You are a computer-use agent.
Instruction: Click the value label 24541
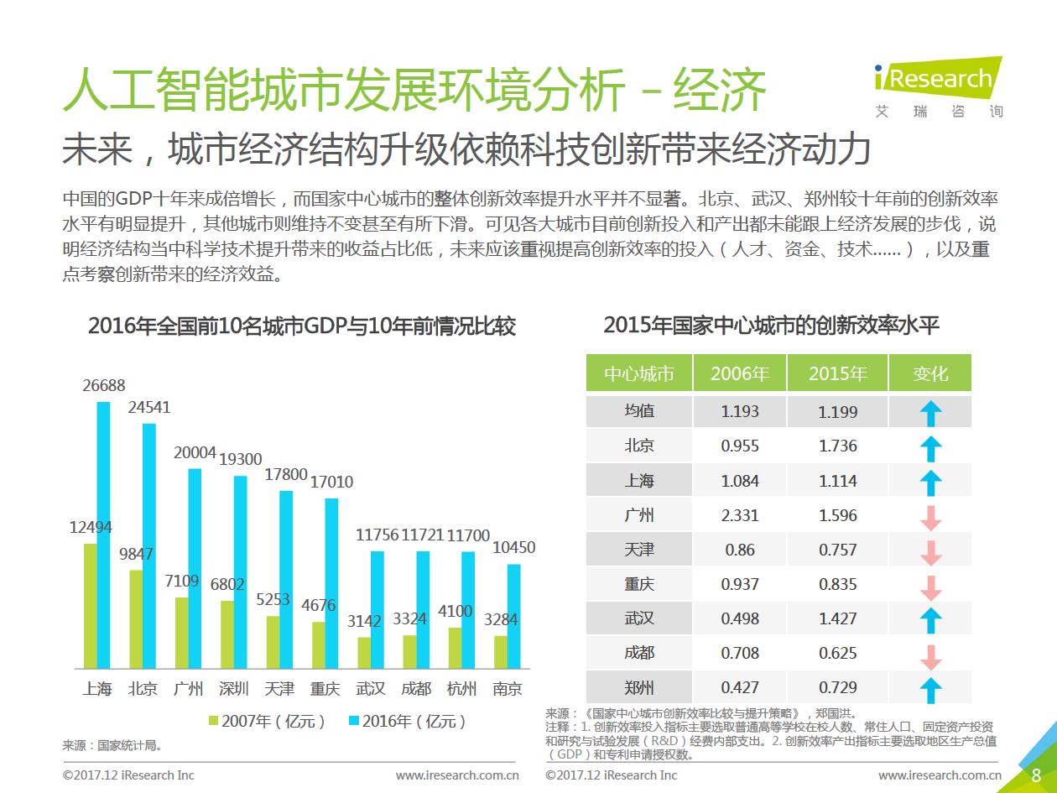click(149, 408)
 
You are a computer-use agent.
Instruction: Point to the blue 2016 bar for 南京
click(513, 616)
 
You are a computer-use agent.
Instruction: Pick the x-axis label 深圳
click(233, 689)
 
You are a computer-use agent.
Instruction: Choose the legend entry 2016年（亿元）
click(407, 721)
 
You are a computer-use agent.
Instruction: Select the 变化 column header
click(929, 373)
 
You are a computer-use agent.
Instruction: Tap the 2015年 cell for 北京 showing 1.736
click(837, 446)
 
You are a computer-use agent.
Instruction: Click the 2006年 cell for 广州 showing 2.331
click(740, 515)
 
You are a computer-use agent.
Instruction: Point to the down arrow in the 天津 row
click(930, 551)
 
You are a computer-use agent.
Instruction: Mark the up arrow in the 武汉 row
click(930, 620)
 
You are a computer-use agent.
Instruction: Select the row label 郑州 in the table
click(639, 687)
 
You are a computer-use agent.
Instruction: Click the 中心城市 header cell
click(639, 373)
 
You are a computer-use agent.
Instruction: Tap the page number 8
click(1036, 775)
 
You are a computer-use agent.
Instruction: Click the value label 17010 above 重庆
click(331, 483)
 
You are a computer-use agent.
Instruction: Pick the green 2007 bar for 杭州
click(454, 648)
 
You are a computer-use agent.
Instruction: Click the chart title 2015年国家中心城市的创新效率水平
click(771, 326)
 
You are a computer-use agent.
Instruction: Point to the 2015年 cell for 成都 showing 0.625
click(837, 653)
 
